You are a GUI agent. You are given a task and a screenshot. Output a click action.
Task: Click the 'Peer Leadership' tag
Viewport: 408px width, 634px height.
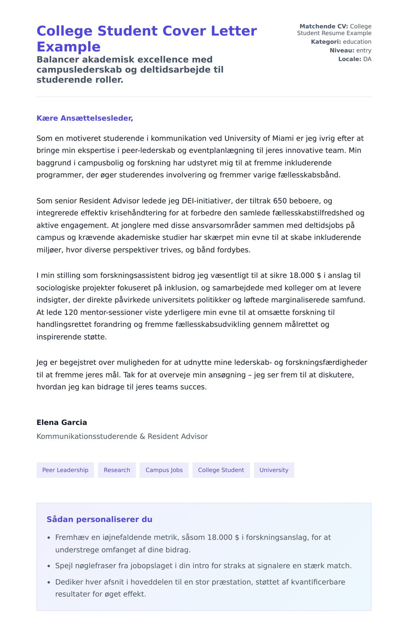point(65,470)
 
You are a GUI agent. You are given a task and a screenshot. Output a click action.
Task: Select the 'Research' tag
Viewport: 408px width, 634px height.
point(117,470)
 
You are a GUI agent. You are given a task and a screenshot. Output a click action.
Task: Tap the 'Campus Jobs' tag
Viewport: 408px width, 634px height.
point(164,470)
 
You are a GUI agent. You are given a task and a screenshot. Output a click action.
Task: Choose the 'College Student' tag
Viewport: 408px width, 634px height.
point(221,470)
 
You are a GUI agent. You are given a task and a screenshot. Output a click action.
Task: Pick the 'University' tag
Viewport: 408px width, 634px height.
point(274,470)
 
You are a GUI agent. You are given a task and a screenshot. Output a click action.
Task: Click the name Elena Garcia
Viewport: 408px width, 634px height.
point(62,422)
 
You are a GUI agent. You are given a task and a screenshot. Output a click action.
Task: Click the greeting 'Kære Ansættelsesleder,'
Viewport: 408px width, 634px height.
point(85,118)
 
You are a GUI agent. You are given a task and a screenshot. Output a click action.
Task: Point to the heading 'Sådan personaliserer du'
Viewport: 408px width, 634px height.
point(99,519)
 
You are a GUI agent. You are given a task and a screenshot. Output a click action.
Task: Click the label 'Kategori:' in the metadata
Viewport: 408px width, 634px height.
point(326,42)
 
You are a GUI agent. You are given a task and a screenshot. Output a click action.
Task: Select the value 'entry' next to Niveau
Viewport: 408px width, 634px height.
point(363,50)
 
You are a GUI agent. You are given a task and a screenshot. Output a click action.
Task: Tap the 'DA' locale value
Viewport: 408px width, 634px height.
point(367,59)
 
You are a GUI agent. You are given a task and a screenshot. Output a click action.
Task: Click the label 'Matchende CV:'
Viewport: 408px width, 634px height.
point(323,26)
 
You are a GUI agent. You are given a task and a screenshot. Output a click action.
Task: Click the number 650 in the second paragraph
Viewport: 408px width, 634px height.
point(280,201)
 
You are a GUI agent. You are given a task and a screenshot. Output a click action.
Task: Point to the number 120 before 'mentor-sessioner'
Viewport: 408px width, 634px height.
point(71,312)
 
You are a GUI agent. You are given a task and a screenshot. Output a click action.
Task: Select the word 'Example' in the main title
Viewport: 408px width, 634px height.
point(68,47)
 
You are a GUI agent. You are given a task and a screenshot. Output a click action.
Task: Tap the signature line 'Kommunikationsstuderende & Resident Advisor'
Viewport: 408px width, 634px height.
point(122,436)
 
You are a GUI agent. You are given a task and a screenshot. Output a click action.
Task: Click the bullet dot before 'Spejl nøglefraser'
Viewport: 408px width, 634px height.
point(49,566)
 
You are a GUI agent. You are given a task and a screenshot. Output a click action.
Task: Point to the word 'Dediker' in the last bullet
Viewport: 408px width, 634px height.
point(69,582)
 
